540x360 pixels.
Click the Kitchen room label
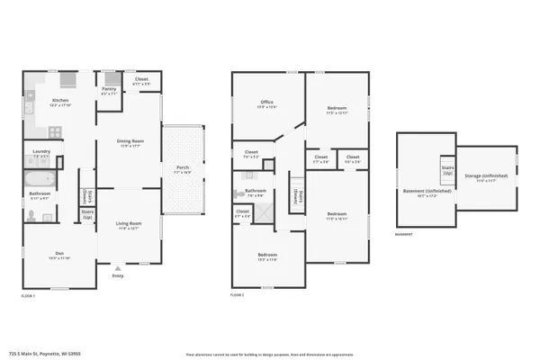click(x=60, y=101)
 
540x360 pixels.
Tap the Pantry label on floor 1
click(x=109, y=89)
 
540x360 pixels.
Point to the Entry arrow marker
click(x=117, y=267)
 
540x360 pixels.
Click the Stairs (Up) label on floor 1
click(x=88, y=213)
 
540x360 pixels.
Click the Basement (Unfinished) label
click(x=426, y=192)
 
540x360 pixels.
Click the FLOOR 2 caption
click(x=238, y=295)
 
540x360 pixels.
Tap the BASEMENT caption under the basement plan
click(x=404, y=236)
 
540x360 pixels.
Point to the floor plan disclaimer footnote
click(x=269, y=355)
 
